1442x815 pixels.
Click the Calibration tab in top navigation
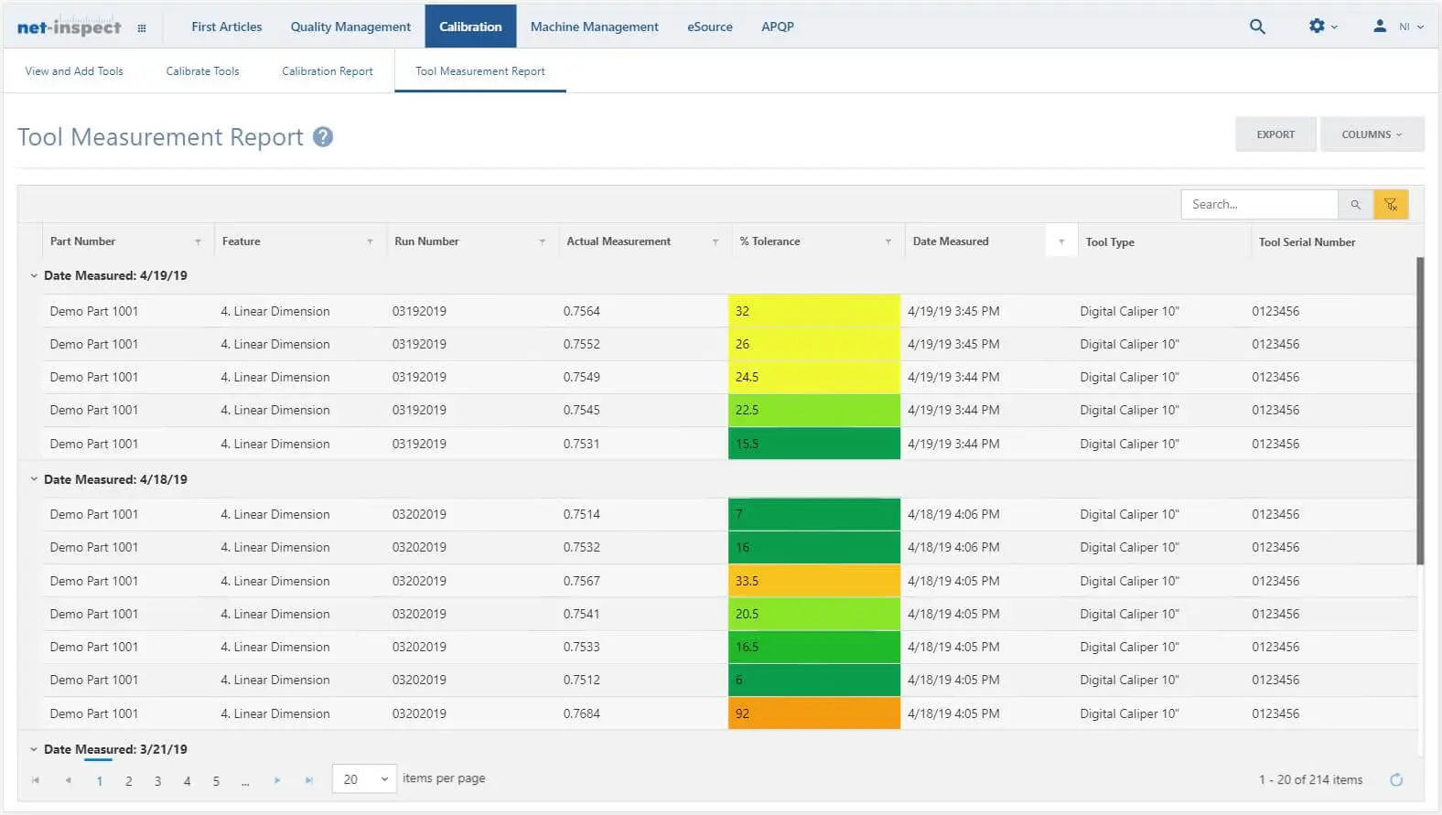tap(470, 27)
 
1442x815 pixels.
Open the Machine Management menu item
tap(594, 27)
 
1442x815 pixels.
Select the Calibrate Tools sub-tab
tap(202, 71)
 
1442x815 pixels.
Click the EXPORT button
tap(1275, 134)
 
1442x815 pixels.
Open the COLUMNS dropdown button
tap(1371, 134)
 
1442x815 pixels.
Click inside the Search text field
tap(1259, 204)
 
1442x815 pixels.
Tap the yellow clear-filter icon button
tap(1390, 204)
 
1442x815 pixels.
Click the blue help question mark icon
tap(322, 137)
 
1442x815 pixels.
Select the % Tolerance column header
tap(769, 241)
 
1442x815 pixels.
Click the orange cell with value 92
tap(813, 713)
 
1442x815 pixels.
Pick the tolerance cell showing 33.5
tap(813, 581)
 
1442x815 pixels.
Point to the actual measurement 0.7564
tap(582, 311)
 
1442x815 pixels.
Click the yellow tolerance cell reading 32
tap(813, 311)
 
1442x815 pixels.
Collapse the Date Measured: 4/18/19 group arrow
tap(34, 479)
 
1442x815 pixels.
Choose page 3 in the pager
tap(157, 781)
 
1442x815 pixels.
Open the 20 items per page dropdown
tap(363, 779)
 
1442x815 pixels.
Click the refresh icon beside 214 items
tap(1396, 779)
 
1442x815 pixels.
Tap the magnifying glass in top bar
tap(1257, 27)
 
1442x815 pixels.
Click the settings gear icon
tap(1318, 27)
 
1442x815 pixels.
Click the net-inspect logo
tap(69, 27)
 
